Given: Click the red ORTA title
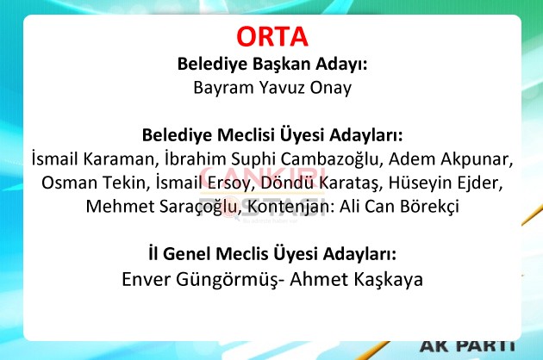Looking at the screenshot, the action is pyautogui.click(x=272, y=37).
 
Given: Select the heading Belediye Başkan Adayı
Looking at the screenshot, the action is pyautogui.click(x=272, y=64).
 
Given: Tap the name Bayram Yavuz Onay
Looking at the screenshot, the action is pyautogui.click(x=272, y=88).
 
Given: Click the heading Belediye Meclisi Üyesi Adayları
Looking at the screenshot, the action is pyautogui.click(x=272, y=135).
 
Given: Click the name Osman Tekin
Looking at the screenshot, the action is pyautogui.click(x=93, y=183).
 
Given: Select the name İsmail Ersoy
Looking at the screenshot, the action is pyautogui.click(x=203, y=183).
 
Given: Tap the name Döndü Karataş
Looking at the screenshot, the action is pyautogui.click(x=321, y=183).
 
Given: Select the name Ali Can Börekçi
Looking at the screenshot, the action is pyautogui.click(x=399, y=207).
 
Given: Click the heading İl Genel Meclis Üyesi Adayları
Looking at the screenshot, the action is pyautogui.click(x=272, y=254).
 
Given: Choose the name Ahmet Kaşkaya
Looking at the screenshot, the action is pyautogui.click(x=356, y=279).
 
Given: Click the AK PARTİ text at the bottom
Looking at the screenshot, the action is pyautogui.click(x=467, y=345).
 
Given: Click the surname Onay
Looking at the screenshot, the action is pyautogui.click(x=331, y=88).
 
